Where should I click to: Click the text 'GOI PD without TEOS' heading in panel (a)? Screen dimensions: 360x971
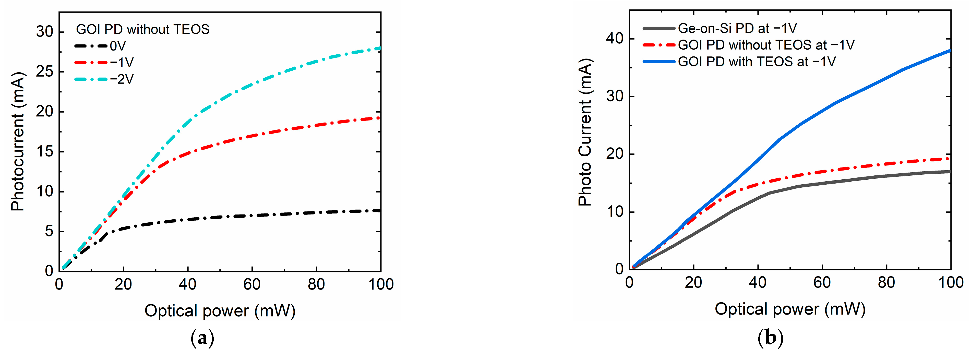[x=142, y=29]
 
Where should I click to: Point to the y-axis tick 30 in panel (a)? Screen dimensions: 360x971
[x=44, y=32]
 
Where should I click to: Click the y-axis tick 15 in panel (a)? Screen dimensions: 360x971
[x=44, y=152]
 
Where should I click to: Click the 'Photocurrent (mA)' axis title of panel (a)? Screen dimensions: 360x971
[x=17, y=141]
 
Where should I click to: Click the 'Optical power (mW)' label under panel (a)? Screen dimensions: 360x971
[x=220, y=311]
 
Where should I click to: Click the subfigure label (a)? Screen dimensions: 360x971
[x=203, y=338]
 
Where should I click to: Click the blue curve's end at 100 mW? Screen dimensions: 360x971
[x=950, y=50]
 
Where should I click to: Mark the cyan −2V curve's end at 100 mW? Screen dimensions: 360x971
[x=380, y=48]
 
